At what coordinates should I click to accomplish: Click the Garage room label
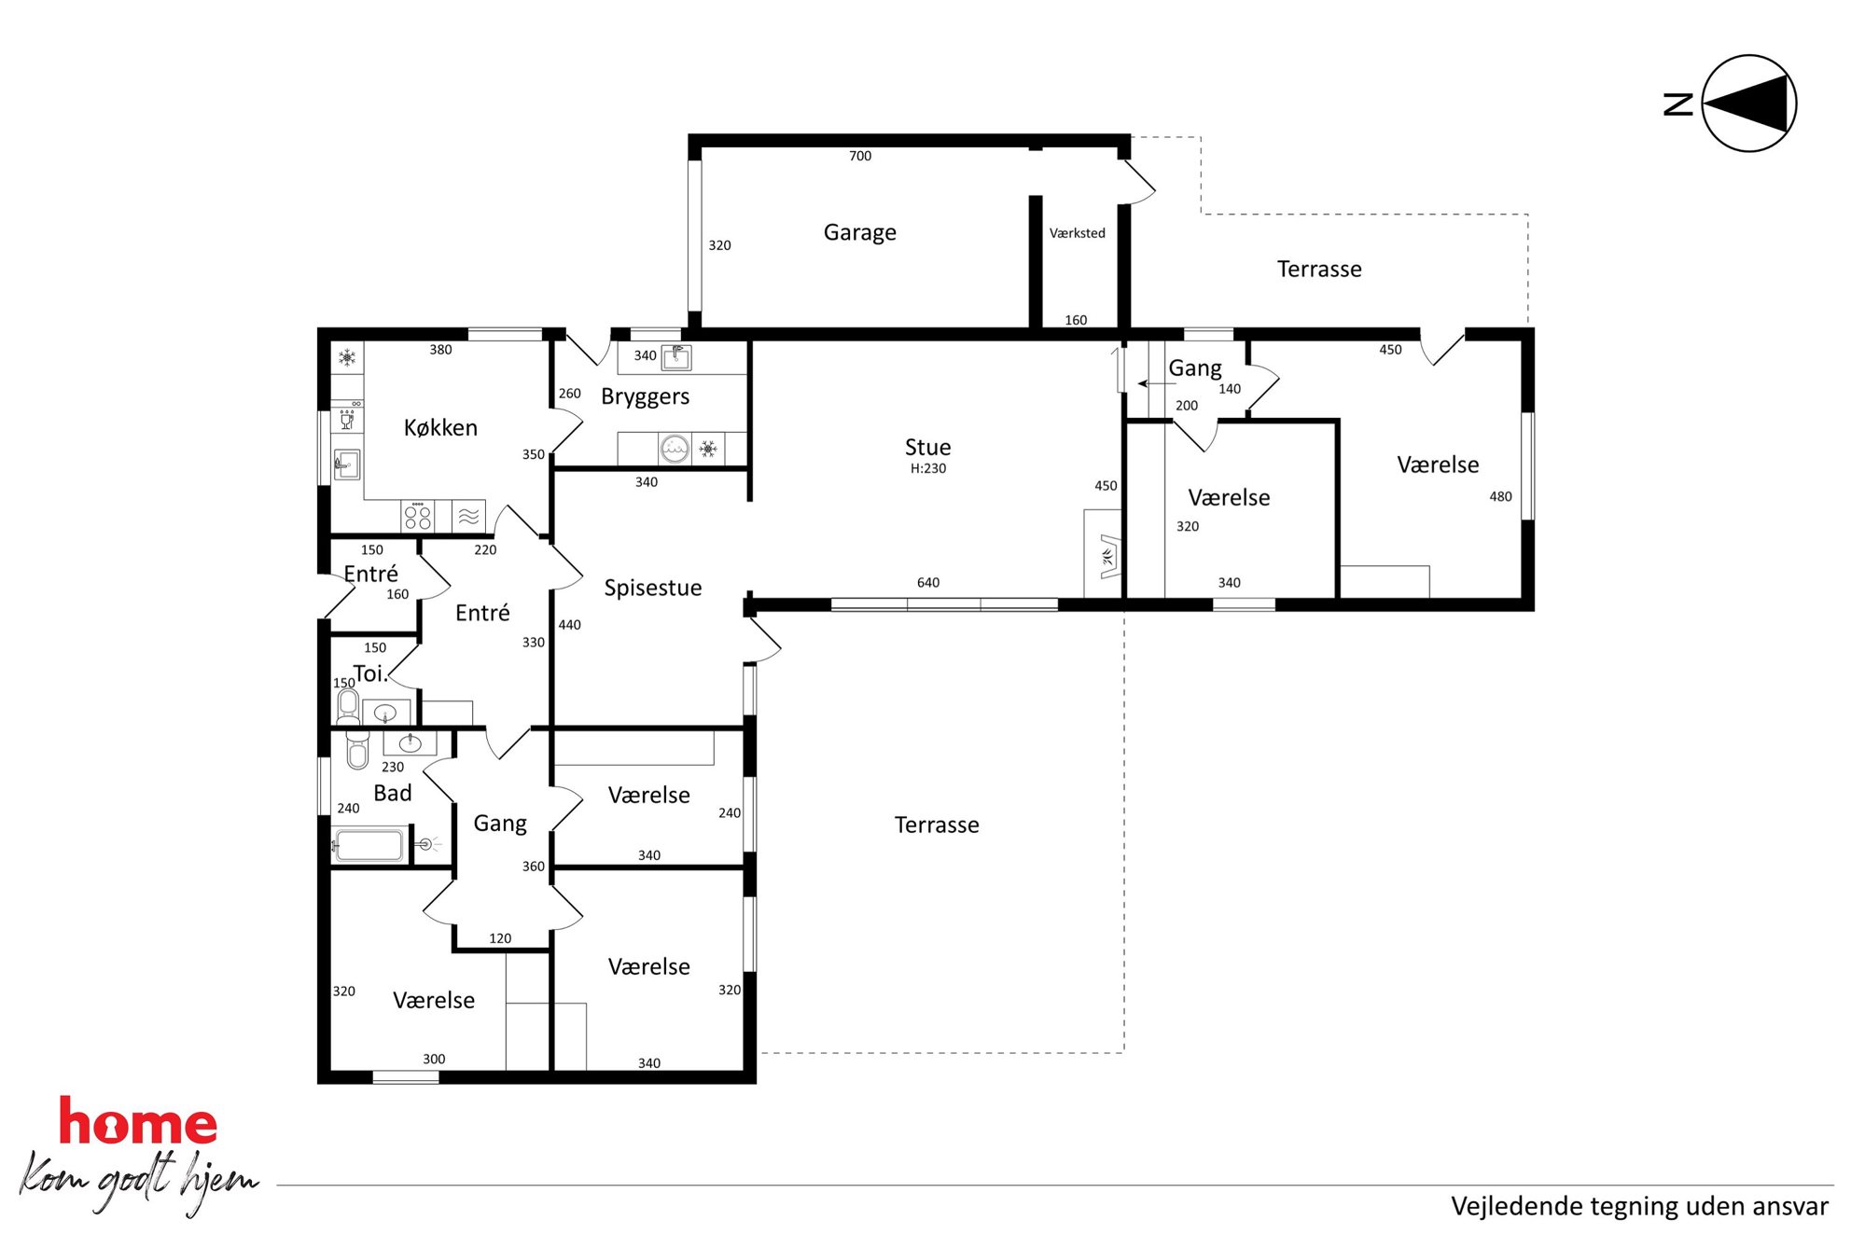pos(859,232)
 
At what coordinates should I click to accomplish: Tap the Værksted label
pos(1077,233)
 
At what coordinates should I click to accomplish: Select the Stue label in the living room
pos(927,447)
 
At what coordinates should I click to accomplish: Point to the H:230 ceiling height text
pos(928,468)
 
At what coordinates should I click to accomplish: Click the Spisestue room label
pos(652,588)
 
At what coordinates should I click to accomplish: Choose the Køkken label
pos(440,427)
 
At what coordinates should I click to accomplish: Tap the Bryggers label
pos(645,396)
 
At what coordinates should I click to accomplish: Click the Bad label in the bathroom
pos(392,793)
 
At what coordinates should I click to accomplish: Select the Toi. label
pos(369,673)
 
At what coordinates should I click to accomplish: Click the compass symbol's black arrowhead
pos(1750,104)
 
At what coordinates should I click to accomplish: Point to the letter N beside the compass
pos(1678,104)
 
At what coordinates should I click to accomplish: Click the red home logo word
pos(138,1121)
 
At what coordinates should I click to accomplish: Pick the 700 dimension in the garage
pos(860,156)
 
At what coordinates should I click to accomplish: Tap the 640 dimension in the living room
pos(927,583)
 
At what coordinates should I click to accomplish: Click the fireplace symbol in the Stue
pos(1107,557)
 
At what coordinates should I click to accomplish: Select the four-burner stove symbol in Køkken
pos(417,516)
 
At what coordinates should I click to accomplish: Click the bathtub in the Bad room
pos(369,845)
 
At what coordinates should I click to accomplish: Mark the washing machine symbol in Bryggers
pos(674,450)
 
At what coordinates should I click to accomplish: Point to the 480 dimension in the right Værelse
pos(1500,497)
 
